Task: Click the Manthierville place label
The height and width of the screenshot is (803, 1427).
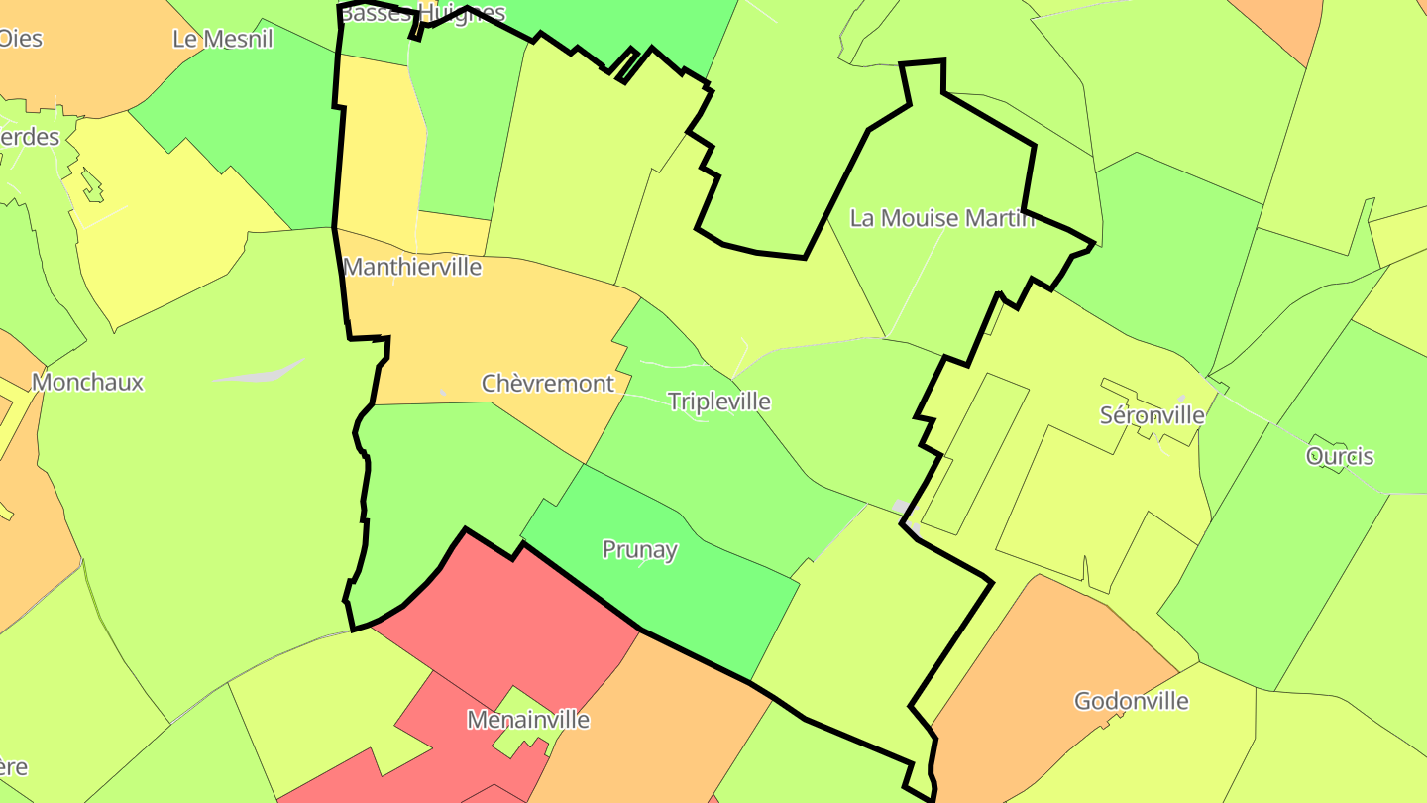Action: pyautogui.click(x=411, y=267)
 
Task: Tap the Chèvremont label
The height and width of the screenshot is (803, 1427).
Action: pyautogui.click(x=547, y=384)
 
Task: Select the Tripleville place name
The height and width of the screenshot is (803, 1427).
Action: pyautogui.click(x=718, y=401)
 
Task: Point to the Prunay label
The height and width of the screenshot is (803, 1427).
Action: pyautogui.click(x=640, y=550)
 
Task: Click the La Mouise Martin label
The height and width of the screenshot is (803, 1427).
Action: pyautogui.click(x=941, y=218)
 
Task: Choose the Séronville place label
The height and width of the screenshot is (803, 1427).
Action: pyautogui.click(x=1152, y=415)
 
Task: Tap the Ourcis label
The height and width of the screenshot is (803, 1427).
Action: pyautogui.click(x=1340, y=456)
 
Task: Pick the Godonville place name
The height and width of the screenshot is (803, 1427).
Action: pyautogui.click(x=1131, y=701)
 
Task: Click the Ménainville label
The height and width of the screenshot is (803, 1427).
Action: pyautogui.click(x=528, y=720)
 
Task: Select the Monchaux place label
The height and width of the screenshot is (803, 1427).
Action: pyautogui.click(x=87, y=382)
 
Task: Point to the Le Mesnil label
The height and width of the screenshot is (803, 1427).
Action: pyautogui.click(x=222, y=39)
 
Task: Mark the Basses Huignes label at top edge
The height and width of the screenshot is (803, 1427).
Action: pyautogui.click(x=421, y=12)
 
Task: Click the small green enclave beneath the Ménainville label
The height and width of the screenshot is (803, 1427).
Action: pyautogui.click(x=519, y=739)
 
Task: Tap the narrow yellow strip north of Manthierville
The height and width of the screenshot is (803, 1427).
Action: pyautogui.click(x=377, y=149)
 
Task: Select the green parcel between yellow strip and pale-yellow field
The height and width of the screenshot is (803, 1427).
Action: pyautogui.click(x=466, y=129)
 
